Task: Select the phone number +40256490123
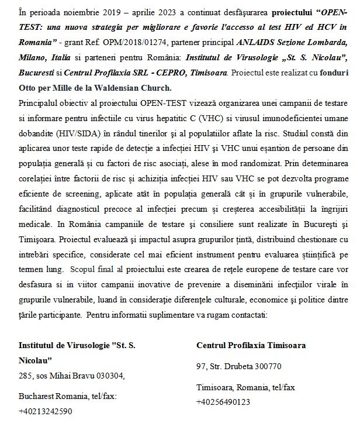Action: coord(224,402)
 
